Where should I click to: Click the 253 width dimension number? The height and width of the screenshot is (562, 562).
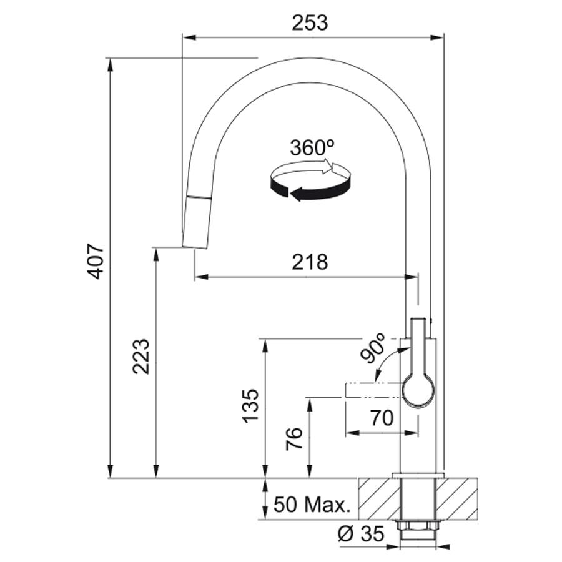[310, 23]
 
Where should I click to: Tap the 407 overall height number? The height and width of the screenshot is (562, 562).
[96, 261]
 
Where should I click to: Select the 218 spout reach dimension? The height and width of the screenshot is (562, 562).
[310, 262]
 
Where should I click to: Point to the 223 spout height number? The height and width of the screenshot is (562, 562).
[141, 357]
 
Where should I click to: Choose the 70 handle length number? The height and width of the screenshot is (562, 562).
[382, 418]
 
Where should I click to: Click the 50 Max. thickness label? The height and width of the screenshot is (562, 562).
[312, 505]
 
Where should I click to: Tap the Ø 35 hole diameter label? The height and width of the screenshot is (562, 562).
[362, 534]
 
